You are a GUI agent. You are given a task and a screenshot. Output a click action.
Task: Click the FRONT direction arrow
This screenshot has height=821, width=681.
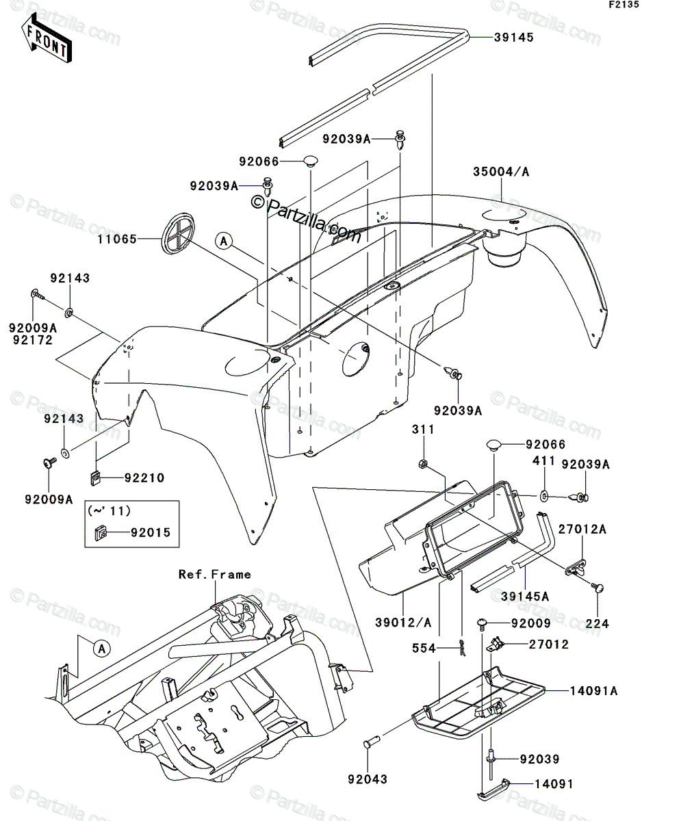click(47, 38)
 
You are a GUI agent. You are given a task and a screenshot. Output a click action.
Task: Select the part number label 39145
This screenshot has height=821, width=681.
click(514, 38)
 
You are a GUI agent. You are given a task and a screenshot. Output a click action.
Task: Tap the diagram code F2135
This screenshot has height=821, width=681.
click(624, 5)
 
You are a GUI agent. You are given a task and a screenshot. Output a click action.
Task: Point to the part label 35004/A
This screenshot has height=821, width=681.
click(501, 172)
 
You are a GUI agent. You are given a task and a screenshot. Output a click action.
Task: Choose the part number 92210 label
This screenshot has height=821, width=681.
click(144, 478)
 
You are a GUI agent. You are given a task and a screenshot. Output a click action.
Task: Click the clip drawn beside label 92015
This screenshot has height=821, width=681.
click(101, 533)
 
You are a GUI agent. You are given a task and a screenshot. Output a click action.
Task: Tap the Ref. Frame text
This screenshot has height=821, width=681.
click(215, 575)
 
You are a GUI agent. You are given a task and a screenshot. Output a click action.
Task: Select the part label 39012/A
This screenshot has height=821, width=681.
click(403, 623)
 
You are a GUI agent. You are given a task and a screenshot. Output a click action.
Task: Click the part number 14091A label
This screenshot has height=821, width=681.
click(594, 691)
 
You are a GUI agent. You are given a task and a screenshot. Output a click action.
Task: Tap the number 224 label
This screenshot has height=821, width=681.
click(598, 623)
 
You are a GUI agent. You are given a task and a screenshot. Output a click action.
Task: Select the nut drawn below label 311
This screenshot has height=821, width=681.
click(422, 463)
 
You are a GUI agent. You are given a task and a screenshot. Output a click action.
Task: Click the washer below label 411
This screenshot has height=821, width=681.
click(544, 496)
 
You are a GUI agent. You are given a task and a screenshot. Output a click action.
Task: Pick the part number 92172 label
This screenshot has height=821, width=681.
click(33, 340)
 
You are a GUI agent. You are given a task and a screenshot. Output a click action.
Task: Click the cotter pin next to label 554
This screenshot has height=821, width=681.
click(463, 648)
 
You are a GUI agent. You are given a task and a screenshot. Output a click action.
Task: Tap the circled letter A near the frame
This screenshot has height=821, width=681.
click(102, 648)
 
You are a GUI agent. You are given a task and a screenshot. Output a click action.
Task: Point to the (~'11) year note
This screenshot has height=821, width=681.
click(109, 511)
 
